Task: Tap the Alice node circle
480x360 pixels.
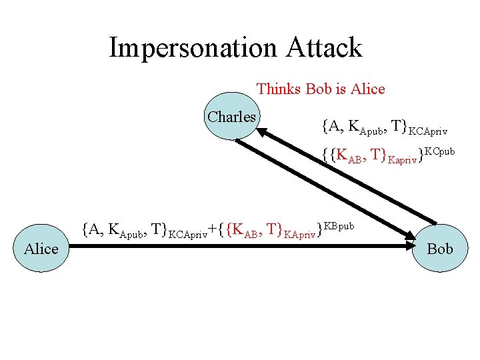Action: [x=41, y=249]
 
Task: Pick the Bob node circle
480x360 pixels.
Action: [x=439, y=249]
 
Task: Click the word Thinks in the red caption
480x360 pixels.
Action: [x=279, y=89]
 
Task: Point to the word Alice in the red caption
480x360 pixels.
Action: [x=365, y=89]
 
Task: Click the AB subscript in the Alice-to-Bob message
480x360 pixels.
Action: [x=256, y=235]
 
